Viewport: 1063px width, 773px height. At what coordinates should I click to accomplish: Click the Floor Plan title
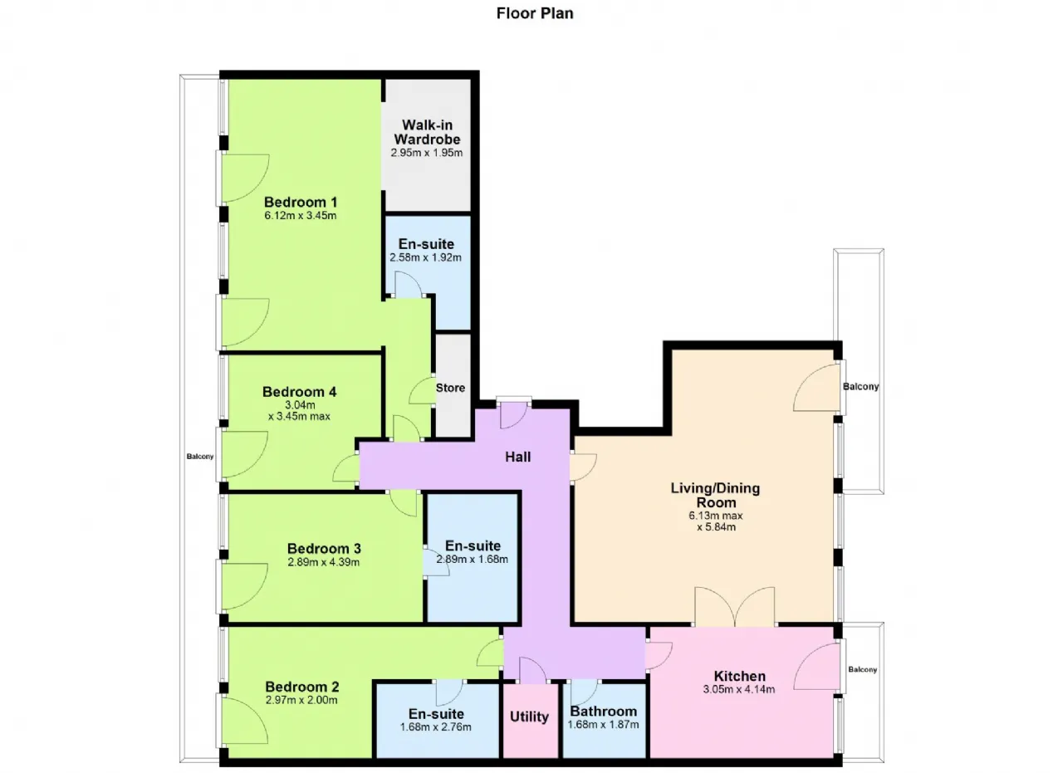click(535, 13)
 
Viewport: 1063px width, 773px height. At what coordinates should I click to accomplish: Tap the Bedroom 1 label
click(301, 202)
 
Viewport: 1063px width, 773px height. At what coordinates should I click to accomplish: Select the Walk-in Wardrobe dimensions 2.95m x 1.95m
click(427, 153)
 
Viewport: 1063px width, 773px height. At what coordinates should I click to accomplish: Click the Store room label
click(450, 388)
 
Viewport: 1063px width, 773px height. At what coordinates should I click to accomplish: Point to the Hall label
click(517, 457)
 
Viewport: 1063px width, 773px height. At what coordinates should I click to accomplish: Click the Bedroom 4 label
click(300, 392)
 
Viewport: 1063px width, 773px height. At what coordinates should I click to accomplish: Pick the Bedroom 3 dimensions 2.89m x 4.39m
click(324, 562)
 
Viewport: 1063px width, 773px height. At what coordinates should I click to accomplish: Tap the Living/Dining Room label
click(716, 495)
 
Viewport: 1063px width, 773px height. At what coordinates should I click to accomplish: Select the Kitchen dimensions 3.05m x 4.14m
click(739, 689)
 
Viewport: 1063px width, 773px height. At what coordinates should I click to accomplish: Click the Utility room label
click(530, 717)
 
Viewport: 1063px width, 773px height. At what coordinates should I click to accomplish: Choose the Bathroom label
click(604, 712)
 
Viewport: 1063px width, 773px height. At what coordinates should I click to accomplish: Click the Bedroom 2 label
click(302, 687)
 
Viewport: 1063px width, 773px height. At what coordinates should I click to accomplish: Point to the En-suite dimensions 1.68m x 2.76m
click(436, 727)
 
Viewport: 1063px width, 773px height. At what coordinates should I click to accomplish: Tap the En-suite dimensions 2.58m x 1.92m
click(426, 257)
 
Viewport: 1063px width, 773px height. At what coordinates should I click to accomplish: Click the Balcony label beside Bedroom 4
click(200, 457)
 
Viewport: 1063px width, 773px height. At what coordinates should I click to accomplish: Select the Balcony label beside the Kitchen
click(863, 669)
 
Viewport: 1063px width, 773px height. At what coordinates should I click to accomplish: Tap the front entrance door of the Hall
click(514, 414)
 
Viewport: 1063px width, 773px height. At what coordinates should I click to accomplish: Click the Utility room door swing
click(533, 671)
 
